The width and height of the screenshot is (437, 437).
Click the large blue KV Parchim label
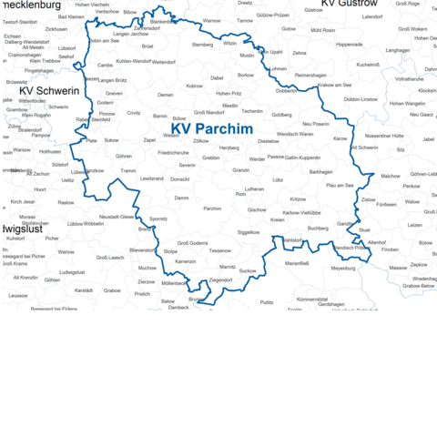(x=211, y=129)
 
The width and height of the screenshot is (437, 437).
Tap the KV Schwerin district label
(x=50, y=91)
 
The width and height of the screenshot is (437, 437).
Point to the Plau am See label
(x=340, y=185)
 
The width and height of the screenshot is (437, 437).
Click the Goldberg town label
(x=282, y=116)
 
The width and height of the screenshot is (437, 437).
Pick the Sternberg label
(x=202, y=45)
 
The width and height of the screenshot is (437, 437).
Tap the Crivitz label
(x=134, y=113)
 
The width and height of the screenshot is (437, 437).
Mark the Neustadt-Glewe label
(x=116, y=217)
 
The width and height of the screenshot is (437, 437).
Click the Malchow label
(x=390, y=176)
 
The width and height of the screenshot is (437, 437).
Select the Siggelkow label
(x=248, y=232)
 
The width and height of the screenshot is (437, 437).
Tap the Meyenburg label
(x=343, y=269)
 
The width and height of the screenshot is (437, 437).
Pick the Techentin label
(x=253, y=111)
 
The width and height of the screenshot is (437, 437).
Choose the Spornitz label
(x=158, y=219)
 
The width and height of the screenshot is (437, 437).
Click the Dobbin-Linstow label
(x=361, y=99)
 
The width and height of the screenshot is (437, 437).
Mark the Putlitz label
(x=266, y=301)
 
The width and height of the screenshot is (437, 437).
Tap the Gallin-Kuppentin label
(x=303, y=158)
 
